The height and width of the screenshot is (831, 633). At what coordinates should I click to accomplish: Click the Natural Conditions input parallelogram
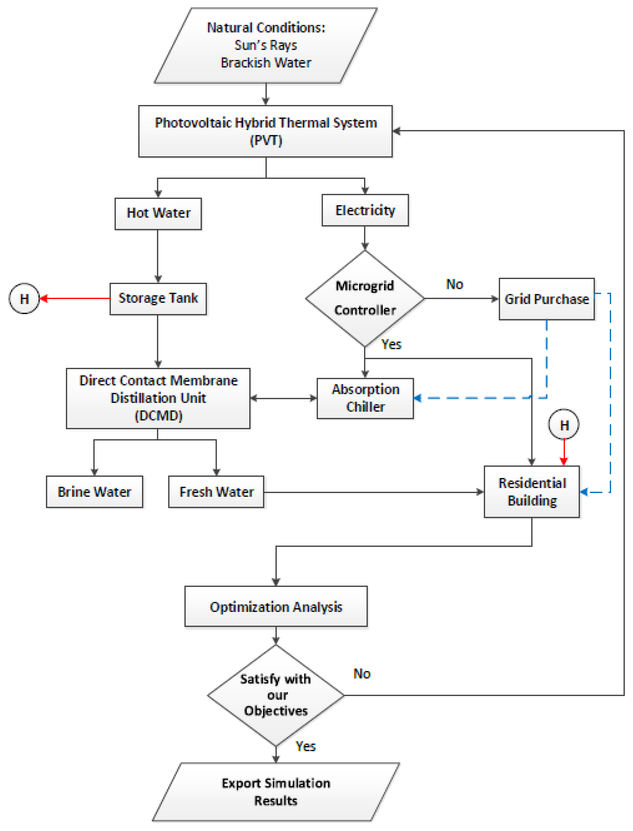coord(266,45)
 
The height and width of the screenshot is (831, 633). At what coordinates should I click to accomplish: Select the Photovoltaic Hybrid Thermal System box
coord(266,131)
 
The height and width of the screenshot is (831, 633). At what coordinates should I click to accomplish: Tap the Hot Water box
coord(158,214)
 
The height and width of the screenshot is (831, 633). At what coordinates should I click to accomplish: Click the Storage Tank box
coord(158,299)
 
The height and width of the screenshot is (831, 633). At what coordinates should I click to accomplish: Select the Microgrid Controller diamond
coord(365,298)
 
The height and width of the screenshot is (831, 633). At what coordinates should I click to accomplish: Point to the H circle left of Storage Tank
coord(24,299)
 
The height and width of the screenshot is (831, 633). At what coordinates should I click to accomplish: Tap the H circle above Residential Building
coord(564,425)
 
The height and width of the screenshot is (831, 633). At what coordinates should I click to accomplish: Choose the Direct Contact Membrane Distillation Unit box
coord(158,398)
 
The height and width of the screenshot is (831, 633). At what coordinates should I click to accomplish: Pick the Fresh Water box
coord(216,492)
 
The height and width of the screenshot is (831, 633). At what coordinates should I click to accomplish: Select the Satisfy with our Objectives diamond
coord(276,695)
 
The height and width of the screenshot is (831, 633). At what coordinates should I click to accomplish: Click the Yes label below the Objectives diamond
coord(305,746)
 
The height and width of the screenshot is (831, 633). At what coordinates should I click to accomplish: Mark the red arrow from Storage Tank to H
coord(75,299)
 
